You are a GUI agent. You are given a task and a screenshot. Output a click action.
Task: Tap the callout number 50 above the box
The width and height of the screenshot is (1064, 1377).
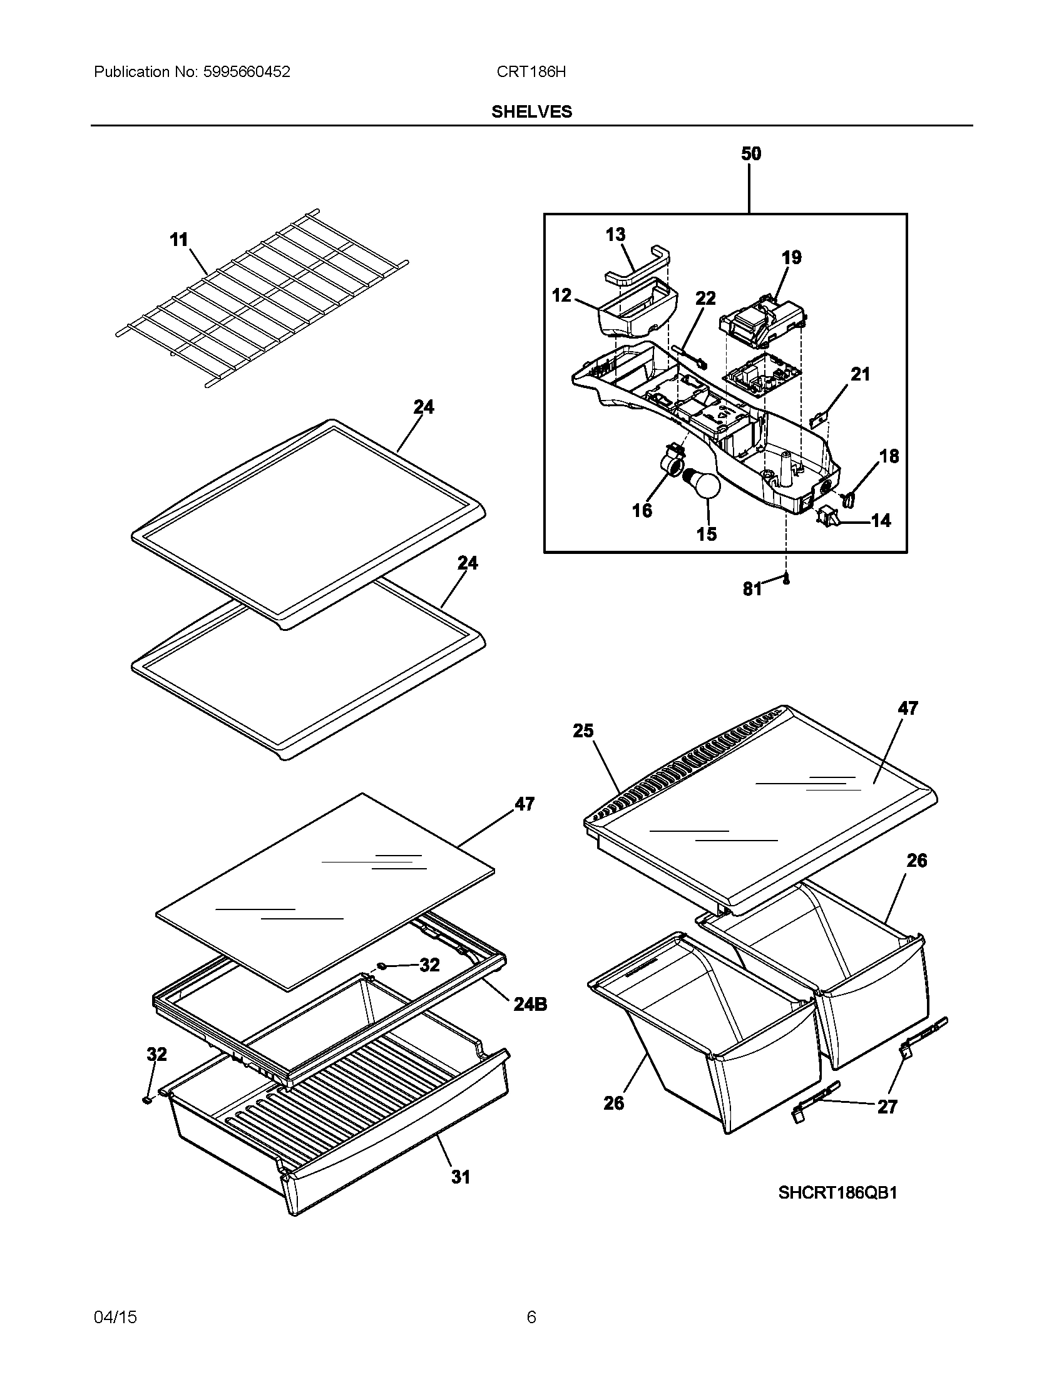(750, 154)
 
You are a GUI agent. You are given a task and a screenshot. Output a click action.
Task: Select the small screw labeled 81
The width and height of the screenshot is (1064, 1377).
(786, 579)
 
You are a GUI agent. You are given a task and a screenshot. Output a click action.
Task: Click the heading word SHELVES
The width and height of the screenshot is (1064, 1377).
(531, 111)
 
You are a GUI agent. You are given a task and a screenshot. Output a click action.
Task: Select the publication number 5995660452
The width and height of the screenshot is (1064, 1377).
(247, 72)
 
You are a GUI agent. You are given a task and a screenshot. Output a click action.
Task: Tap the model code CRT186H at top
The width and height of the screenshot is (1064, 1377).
(531, 72)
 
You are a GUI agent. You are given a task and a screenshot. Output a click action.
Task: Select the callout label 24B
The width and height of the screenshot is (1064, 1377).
(529, 1005)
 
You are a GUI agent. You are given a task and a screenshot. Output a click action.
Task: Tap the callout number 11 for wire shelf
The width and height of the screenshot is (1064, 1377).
(179, 240)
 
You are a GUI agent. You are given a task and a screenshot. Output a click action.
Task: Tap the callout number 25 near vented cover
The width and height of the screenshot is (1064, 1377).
(583, 730)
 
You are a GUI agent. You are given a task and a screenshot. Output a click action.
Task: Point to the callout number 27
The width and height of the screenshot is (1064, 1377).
(887, 1107)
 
